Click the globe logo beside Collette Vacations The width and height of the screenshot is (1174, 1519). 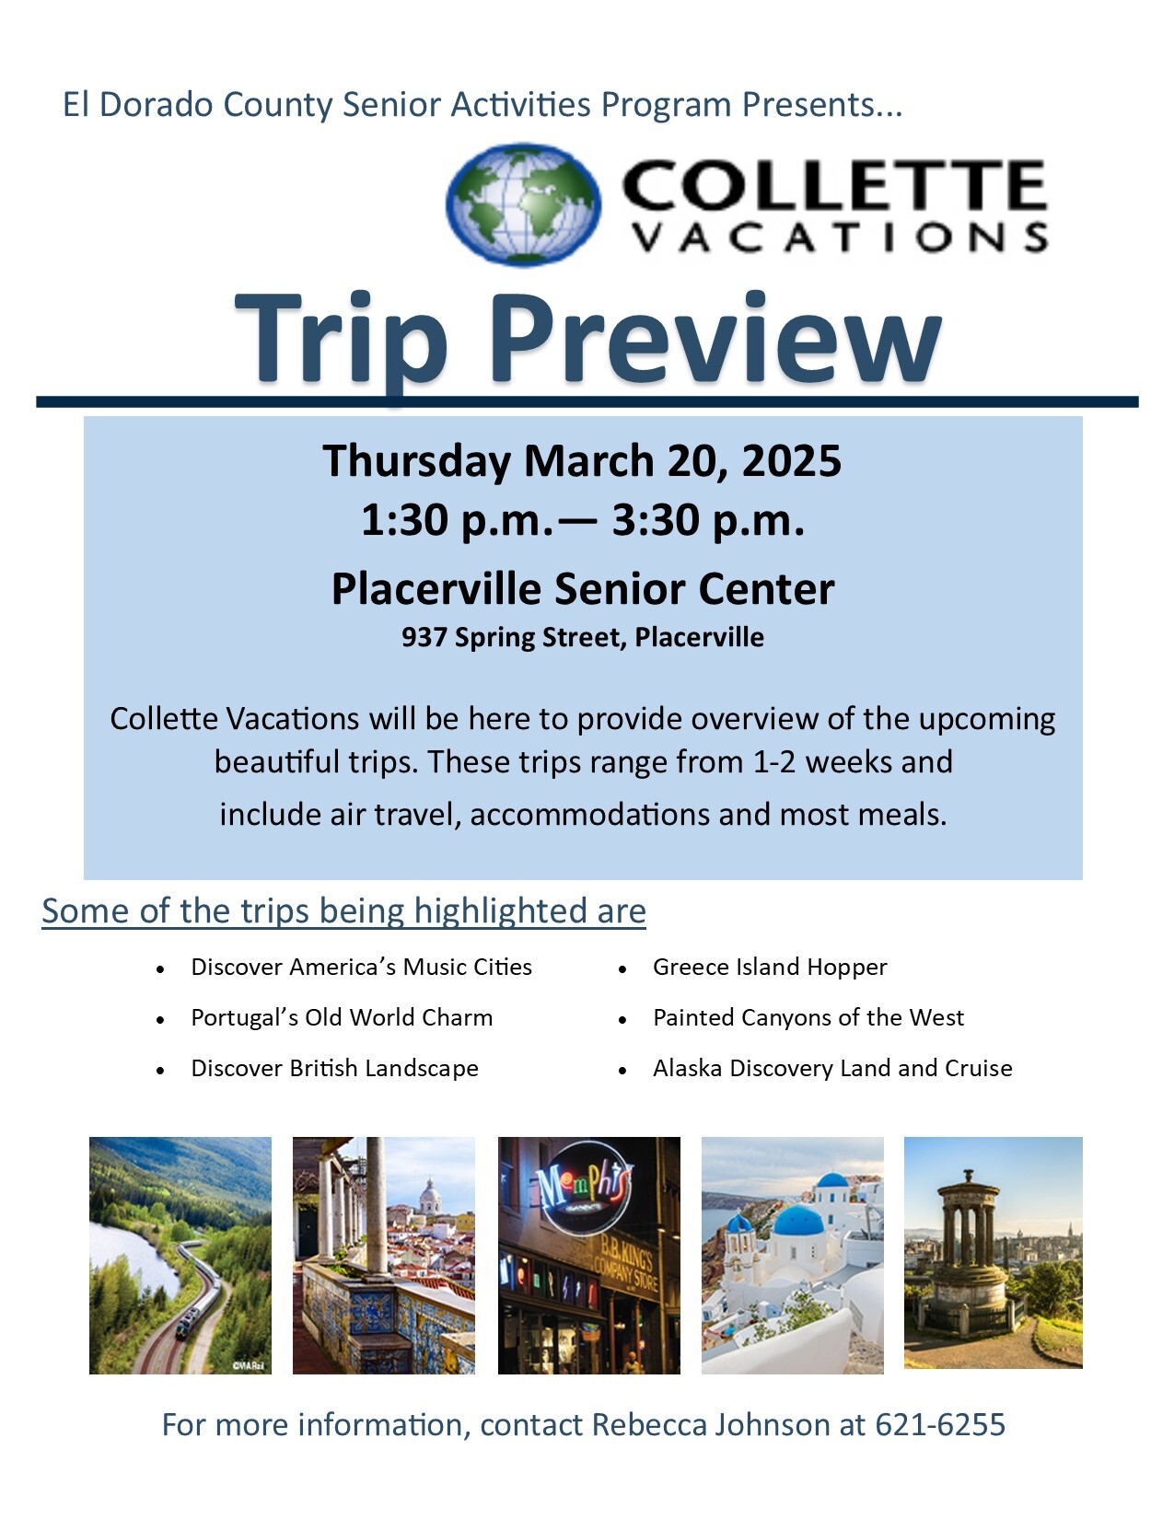click(523, 204)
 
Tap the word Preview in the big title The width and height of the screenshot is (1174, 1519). click(715, 339)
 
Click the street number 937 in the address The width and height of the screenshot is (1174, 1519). click(424, 637)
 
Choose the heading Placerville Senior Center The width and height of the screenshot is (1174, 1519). click(583, 588)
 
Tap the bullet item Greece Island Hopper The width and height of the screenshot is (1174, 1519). click(769, 967)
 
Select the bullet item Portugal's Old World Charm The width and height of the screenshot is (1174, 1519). click(342, 1017)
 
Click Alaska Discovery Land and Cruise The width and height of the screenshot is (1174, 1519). click(831, 1068)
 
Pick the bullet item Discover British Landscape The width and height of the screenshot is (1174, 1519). click(334, 1068)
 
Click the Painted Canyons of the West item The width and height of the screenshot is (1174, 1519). click(808, 1017)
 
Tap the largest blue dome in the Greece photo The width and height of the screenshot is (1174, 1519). click(797, 1223)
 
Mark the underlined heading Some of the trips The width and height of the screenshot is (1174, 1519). click(343, 911)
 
